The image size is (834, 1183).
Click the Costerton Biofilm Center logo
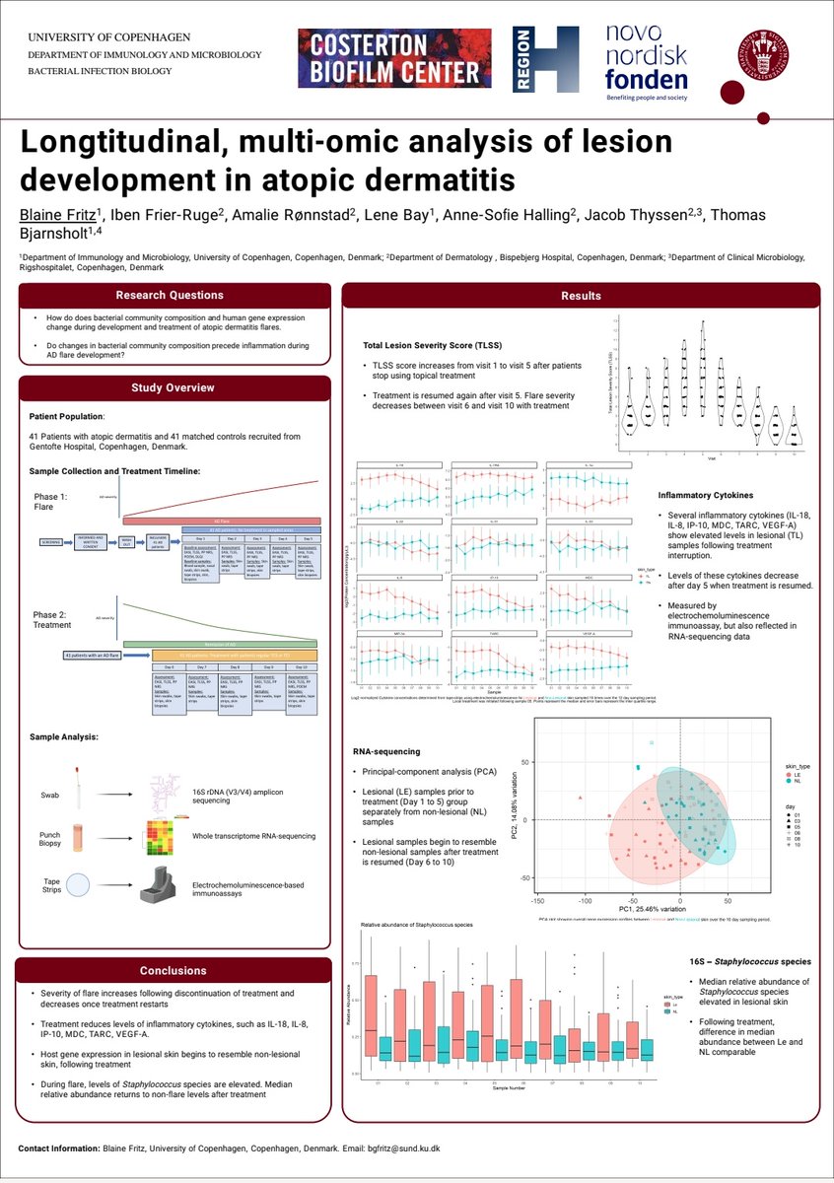(x=394, y=58)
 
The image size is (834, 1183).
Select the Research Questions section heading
(x=170, y=295)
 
